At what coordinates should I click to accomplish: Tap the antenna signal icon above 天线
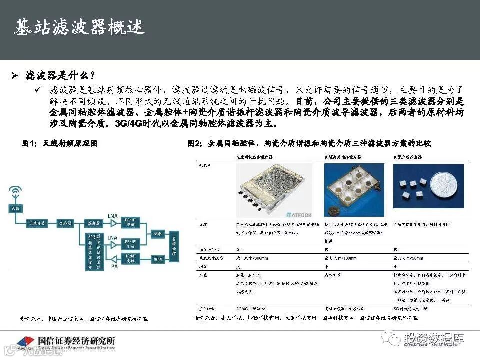click(15, 192)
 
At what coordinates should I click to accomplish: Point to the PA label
click(114, 266)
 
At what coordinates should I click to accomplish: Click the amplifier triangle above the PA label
click(114, 257)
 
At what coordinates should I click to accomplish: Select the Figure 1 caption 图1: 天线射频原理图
click(59, 144)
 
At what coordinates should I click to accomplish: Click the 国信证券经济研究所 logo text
click(76, 340)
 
